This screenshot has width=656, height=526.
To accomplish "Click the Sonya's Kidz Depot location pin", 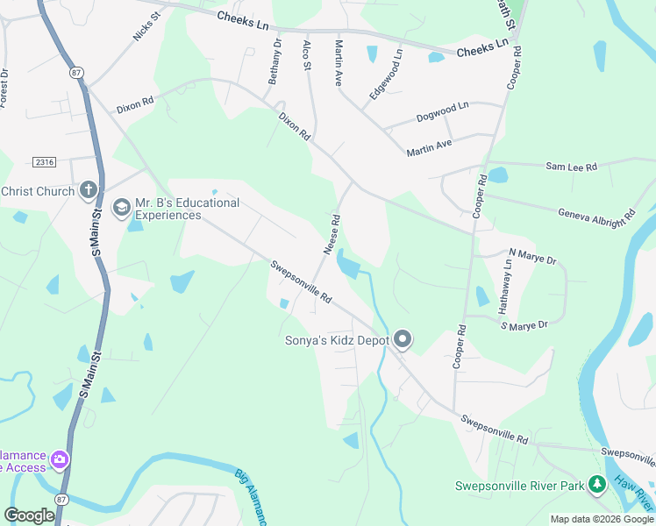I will tap(403, 338).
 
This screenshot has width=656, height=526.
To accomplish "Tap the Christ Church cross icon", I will tap(88, 189).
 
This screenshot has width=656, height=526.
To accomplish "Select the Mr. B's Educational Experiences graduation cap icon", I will tap(122, 208).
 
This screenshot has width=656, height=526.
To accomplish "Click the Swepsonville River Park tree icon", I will tap(597, 484).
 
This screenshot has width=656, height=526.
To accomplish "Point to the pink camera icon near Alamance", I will tap(59, 459).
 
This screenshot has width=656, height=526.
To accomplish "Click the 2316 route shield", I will tap(43, 161).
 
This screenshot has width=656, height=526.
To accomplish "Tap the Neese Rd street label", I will tap(332, 235).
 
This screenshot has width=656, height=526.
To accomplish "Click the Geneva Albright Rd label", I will tap(596, 214).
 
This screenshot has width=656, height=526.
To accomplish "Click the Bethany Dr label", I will tap(274, 61).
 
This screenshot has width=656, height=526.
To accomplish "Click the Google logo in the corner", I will tap(29, 515).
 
